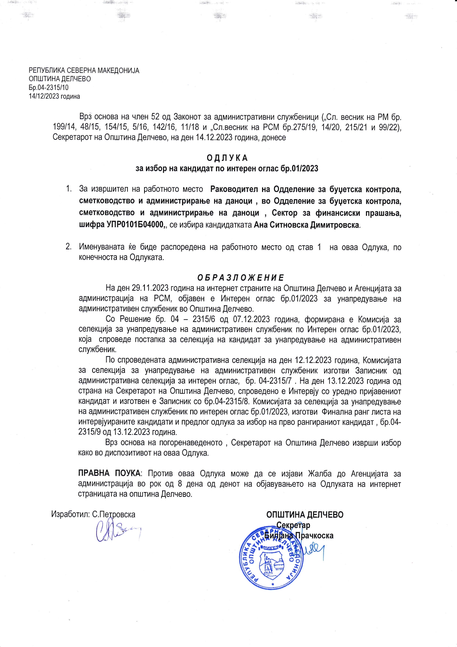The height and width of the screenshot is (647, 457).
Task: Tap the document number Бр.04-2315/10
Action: (x=49, y=87)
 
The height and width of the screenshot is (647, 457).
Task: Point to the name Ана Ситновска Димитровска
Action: (x=307, y=225)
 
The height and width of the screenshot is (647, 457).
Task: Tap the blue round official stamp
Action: (x=272, y=560)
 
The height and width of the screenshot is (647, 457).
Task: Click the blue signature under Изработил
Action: (x=117, y=531)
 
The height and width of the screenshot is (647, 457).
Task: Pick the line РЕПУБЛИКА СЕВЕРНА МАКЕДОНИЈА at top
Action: (x=84, y=70)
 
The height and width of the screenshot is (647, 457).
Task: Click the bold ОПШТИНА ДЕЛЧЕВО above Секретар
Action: (x=304, y=514)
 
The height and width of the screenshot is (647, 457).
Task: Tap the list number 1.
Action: (x=68, y=189)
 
